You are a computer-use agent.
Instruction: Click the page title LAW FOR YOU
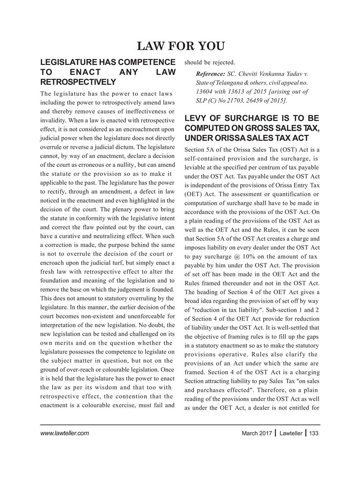tap(181, 46)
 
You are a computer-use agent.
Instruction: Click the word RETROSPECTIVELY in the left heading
tap(78, 81)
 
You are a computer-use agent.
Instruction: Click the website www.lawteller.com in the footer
tap(64, 433)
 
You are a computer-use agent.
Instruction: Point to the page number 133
tap(314, 433)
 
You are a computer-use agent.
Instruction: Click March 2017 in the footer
tap(257, 433)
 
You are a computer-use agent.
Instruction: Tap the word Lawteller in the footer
tap(291, 433)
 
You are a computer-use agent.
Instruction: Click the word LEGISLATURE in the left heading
tap(67, 62)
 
